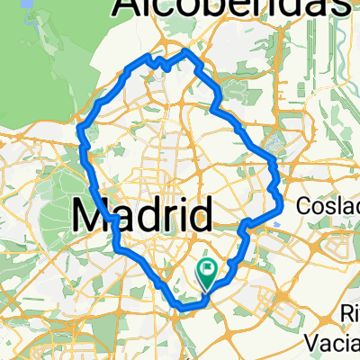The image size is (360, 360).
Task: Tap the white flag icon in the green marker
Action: (209, 267)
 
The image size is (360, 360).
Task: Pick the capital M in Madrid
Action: (91, 215)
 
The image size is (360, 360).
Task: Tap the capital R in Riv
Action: (345, 315)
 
